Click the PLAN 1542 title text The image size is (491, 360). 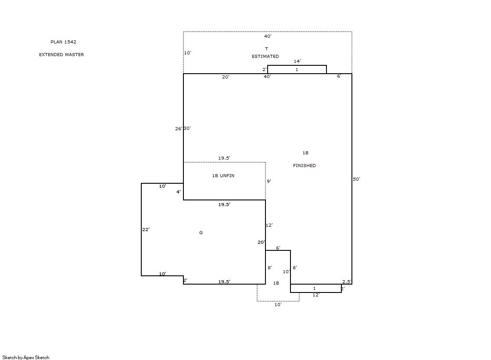[63, 42]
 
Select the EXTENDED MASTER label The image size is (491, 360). [61, 54]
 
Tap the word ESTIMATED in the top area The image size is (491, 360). [265, 57]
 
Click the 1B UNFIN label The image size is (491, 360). [223, 176]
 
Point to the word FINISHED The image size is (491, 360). [305, 166]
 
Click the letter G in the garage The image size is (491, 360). [201, 232]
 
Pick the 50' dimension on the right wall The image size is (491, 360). [357, 179]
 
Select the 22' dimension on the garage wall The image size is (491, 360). [146, 229]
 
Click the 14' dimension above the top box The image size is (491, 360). [297, 61]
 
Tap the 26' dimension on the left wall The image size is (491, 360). [179, 128]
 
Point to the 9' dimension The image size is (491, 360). [269, 181]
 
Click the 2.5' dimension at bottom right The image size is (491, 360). [347, 282]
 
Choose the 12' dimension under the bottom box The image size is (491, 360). [316, 295]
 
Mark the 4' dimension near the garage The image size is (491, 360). [179, 192]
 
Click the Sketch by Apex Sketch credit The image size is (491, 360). [26, 357]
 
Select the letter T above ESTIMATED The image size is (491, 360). [266, 49]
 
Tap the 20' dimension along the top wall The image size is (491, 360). [226, 77]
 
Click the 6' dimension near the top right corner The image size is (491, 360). [339, 76]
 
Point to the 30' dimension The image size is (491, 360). [187, 128]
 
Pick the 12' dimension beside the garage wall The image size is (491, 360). [269, 225]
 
